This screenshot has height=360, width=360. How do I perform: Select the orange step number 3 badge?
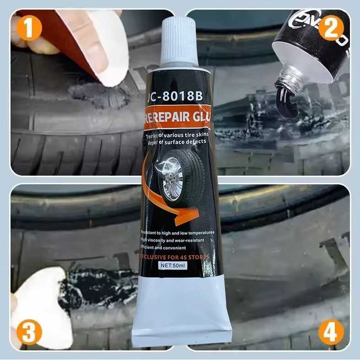(x=29, y=333)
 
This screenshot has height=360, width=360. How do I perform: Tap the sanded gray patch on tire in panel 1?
(x=98, y=94)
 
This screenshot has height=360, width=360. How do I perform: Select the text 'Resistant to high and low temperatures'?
(x=177, y=233)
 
